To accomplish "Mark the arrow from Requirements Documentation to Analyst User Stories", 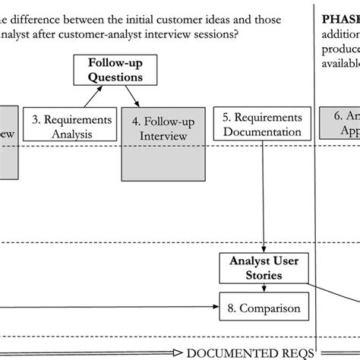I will click(x=264, y=197).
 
